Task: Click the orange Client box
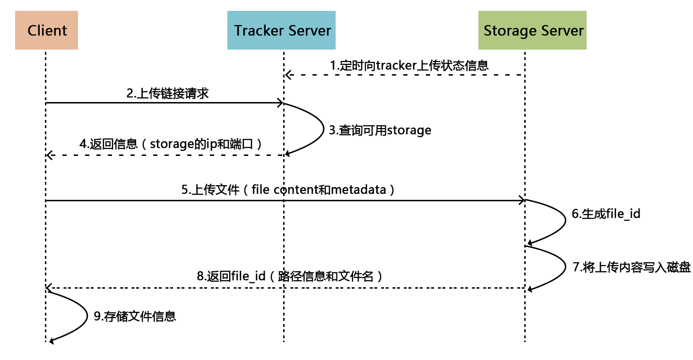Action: [46, 31]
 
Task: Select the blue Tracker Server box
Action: [281, 31]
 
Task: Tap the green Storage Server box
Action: [532, 31]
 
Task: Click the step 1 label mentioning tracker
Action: [409, 65]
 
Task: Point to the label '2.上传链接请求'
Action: [168, 93]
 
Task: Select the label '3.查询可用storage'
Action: [380, 130]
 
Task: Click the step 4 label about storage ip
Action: [171, 144]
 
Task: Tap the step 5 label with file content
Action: [288, 190]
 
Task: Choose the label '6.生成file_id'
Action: [606, 214]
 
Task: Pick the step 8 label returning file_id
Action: [289, 276]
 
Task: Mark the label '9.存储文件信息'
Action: [135, 316]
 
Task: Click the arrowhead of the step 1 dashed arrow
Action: [287, 75]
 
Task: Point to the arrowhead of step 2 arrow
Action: [280, 103]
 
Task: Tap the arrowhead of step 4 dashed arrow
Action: [49, 155]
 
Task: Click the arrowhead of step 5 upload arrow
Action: [522, 201]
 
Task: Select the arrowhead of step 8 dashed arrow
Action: [49, 288]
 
